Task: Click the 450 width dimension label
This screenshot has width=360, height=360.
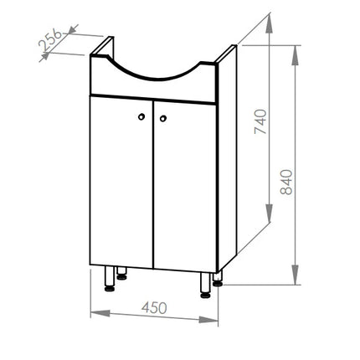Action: tap(154, 307)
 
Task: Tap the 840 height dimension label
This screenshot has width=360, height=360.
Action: tap(286, 182)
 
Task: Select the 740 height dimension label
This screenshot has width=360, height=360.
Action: tap(260, 121)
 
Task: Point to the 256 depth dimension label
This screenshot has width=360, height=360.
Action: tap(50, 39)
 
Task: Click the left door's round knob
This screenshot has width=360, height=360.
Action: tap(141, 116)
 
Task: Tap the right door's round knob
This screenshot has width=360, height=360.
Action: tap(163, 119)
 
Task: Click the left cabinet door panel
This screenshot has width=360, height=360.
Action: tap(121, 182)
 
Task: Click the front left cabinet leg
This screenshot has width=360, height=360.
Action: tap(110, 279)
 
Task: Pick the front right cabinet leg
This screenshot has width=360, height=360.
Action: tap(205, 285)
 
